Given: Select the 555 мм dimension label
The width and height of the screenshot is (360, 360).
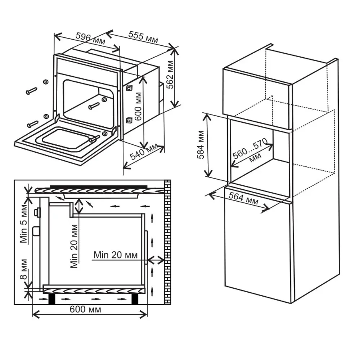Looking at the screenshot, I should [143, 37].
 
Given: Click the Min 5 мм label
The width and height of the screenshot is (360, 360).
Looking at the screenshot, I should [24, 224].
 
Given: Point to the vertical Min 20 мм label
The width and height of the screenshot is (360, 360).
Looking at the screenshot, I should [74, 246].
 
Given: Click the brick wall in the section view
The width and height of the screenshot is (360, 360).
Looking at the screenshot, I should [167, 241].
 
